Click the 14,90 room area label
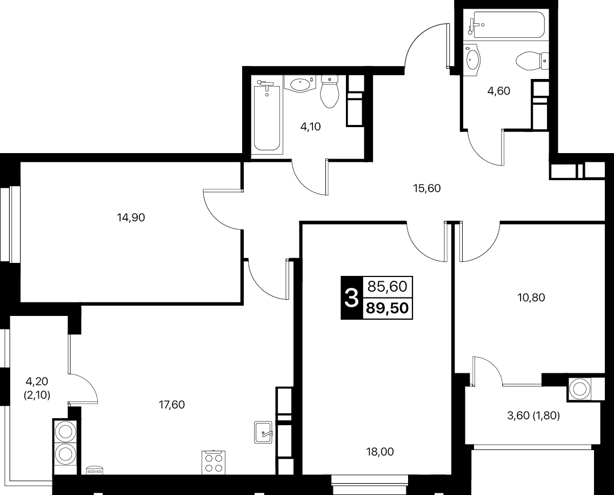131,217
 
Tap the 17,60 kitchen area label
171,405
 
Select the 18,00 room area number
380,452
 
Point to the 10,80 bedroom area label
531,298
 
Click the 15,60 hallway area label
427,188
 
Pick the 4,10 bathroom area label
311,127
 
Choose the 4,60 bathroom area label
499,91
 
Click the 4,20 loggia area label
37,381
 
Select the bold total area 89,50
388,308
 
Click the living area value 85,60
388,287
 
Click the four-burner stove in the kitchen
213,463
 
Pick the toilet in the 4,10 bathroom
329,91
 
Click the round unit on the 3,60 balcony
579,389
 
